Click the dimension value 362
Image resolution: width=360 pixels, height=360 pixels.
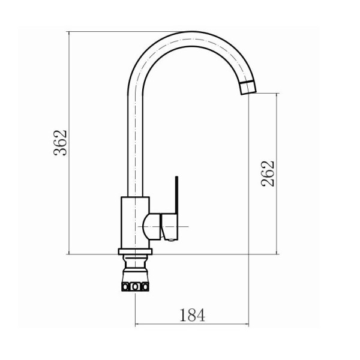[60, 143]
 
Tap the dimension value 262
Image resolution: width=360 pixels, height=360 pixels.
[268, 173]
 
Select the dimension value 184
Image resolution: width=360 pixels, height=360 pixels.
[192, 315]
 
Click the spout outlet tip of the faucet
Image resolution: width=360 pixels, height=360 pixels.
[248, 88]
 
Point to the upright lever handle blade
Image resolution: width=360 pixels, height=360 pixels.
[176, 195]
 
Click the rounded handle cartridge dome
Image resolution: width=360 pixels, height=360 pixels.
[152, 226]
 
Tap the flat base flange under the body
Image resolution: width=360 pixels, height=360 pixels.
[135, 251]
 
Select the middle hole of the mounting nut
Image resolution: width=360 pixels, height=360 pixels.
[135, 287]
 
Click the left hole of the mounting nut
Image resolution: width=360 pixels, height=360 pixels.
[125, 287]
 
